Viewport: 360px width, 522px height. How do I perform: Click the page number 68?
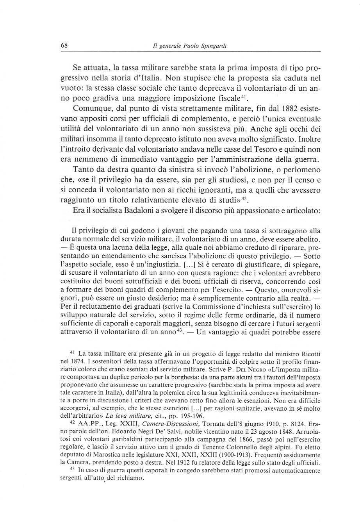(64, 46)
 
